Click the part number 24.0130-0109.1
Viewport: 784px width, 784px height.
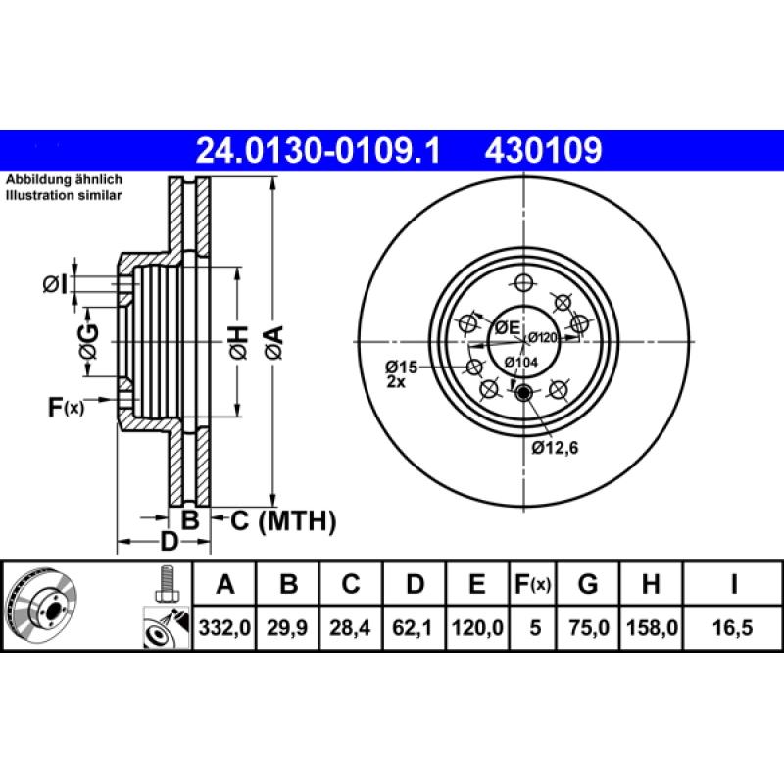319,151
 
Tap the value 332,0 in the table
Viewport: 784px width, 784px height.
224,626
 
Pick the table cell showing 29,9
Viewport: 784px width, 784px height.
287,626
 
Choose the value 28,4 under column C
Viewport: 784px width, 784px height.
350,626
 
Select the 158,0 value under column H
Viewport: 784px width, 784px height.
649,626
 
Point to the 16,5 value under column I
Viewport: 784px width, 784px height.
733,626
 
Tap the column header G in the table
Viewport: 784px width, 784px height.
588,585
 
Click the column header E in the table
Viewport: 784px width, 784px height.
476,585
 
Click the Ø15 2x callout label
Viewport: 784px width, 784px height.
401,373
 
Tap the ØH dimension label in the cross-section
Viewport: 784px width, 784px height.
239,341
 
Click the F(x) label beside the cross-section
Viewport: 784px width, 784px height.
66,405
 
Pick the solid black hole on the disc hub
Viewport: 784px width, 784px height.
523,394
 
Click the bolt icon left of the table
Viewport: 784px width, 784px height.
166,584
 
